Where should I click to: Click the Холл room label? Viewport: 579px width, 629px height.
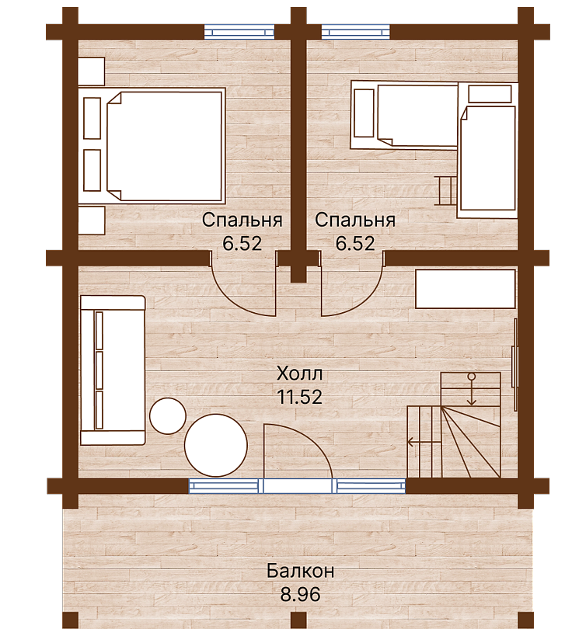[299, 374]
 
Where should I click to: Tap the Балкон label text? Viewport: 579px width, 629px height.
[300, 571]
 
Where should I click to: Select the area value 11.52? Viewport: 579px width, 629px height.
[299, 397]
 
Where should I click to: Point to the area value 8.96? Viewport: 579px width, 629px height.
[300, 594]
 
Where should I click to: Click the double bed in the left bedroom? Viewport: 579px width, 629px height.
[165, 146]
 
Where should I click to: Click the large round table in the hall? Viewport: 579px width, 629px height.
[216, 445]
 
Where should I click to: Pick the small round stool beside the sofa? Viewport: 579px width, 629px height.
[168, 416]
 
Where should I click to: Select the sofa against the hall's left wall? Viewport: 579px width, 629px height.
[113, 370]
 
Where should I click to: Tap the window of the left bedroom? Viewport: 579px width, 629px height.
[239, 32]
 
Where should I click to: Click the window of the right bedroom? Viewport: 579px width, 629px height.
[356, 32]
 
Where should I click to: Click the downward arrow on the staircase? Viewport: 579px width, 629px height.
[472, 389]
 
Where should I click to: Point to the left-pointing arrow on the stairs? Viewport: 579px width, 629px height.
[424, 442]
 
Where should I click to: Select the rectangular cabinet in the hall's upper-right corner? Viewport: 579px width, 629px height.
[466, 289]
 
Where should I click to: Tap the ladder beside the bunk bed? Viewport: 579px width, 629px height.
[447, 191]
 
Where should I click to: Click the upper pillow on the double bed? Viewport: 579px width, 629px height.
[92, 118]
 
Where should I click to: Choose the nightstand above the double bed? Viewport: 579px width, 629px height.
[91, 71]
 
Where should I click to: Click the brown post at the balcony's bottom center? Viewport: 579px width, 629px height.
[297, 621]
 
